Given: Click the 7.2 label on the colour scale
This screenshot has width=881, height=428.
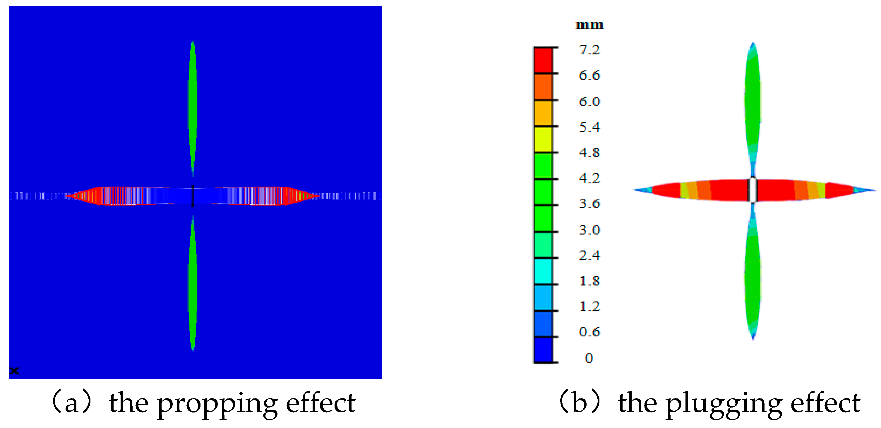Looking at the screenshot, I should (589, 50).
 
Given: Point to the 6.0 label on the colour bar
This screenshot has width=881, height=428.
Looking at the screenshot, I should (589, 102).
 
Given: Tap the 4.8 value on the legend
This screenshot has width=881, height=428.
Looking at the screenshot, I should (589, 152).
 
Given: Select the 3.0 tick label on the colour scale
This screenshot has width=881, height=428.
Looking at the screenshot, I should (589, 230).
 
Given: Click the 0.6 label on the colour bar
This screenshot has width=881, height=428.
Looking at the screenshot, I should (589, 331).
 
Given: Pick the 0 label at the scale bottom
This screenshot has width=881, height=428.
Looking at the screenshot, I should (589, 358).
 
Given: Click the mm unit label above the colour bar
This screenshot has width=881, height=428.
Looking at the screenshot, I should (589, 25).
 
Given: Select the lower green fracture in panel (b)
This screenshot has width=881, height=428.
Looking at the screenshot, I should (753, 280).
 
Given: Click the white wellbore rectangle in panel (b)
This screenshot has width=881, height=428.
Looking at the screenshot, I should (753, 190).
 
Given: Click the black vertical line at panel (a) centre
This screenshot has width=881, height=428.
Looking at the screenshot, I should (193, 196).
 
